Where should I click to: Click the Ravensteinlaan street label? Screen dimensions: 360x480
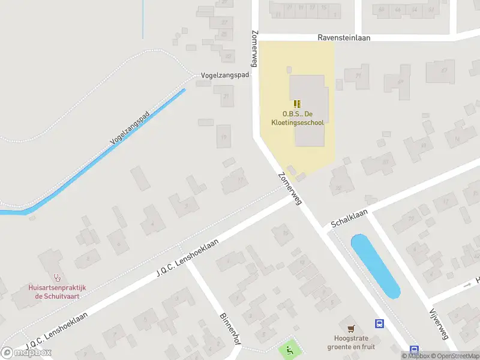pos(344,37)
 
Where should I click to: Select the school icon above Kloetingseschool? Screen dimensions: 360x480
pos(298,104)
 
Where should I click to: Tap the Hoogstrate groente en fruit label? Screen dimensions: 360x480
pos(351,342)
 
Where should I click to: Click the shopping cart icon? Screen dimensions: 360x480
pos(351,328)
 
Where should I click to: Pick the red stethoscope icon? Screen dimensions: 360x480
pos(58,278)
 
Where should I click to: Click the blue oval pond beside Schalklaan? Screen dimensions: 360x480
pos(374,266)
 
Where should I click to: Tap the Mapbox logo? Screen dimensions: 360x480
pos(26,353)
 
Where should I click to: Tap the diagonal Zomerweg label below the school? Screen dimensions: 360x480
pos(289,189)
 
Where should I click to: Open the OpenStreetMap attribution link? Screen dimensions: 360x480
pos(455,356)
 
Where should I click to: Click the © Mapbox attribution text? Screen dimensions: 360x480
pos(416,356)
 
